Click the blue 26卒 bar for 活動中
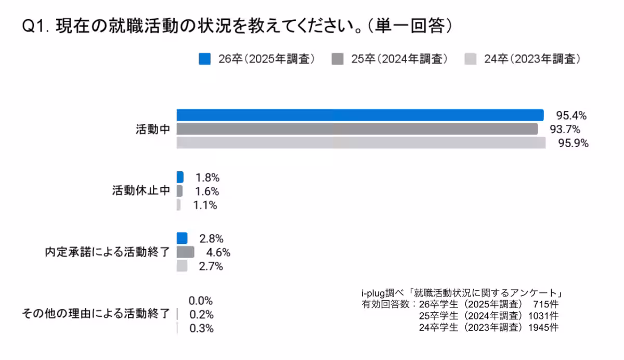360,115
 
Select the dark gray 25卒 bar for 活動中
357,129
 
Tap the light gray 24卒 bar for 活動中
361,143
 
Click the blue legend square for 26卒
204,59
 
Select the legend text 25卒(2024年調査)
399,59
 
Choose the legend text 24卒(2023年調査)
532,59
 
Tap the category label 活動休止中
141,191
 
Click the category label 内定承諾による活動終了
108,253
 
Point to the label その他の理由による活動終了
96,314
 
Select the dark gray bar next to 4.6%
185,252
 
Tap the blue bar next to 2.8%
181,238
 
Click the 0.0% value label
201,301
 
